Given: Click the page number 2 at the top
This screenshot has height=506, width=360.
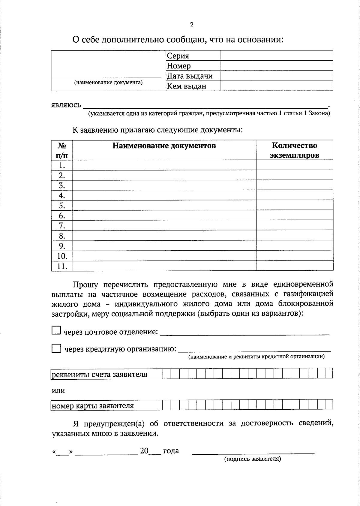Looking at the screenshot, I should [192, 25].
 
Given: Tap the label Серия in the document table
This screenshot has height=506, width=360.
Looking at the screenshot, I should [178, 56].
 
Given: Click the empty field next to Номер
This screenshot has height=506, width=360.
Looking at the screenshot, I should [277, 66].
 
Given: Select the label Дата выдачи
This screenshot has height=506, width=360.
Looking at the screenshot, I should [190, 76].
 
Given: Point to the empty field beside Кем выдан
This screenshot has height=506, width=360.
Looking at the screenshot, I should [277, 86].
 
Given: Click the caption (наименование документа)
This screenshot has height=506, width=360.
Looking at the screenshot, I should [108, 83].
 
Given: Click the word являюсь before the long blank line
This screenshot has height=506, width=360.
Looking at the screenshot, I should [66, 105].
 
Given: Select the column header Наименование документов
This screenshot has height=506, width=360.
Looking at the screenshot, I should [164, 146].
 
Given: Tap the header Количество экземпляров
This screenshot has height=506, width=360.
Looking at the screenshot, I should [294, 150].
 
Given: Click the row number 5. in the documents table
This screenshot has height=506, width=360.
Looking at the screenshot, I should [62, 206].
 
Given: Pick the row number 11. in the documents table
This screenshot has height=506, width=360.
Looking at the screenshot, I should [62, 266].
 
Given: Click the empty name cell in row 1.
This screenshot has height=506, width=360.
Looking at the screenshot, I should [164, 165].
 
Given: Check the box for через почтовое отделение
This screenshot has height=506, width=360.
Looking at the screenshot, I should [56, 330].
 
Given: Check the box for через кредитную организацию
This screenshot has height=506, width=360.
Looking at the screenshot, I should [56, 348].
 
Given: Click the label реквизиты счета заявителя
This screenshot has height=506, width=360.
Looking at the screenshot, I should [100, 375].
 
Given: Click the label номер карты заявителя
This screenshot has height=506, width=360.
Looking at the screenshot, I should [93, 406].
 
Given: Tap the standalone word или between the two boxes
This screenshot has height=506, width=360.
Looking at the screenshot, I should [58, 391].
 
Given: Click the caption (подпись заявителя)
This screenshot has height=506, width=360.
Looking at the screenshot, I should [253, 459].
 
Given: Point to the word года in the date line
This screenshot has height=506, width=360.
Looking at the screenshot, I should [171, 451].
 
